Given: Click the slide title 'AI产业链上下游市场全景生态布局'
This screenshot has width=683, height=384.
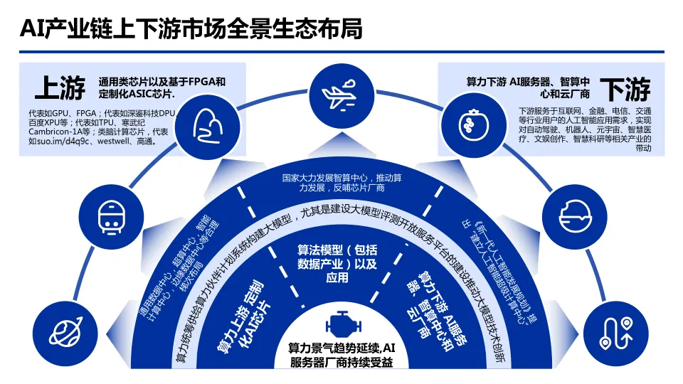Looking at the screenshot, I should click(191, 29).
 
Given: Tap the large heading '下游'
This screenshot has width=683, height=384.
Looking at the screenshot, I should click(624, 90).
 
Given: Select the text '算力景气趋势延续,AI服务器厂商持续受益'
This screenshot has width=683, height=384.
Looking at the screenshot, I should click(341, 356).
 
